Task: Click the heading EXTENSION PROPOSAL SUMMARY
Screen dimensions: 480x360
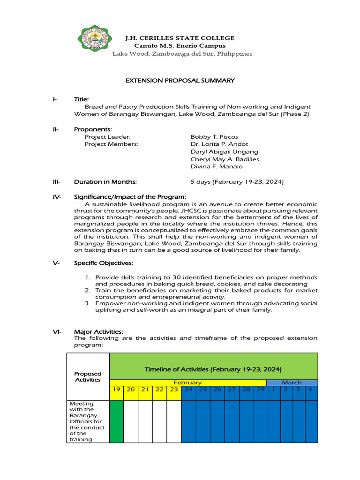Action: [x=180, y=81]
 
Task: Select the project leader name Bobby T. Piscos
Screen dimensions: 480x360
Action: [x=214, y=136]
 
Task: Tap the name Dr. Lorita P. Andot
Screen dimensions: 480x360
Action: [x=219, y=144]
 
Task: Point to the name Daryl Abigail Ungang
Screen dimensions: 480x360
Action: [x=224, y=151]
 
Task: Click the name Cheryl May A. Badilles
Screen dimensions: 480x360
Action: [x=225, y=159]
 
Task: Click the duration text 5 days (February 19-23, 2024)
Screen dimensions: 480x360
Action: [x=237, y=181]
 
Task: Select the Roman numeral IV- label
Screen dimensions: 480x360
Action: [x=57, y=196]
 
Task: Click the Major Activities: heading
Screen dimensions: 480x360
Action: [x=98, y=331]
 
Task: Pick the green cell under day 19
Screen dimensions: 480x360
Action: [x=116, y=421]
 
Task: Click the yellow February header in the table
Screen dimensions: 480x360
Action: [x=187, y=382]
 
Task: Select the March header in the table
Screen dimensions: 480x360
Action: [x=292, y=382]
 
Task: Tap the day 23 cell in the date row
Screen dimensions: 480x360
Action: [x=174, y=390]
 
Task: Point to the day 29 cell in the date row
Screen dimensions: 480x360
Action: [x=260, y=390]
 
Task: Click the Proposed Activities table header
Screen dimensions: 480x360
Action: [x=88, y=376]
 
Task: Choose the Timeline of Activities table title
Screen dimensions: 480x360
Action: [x=213, y=369]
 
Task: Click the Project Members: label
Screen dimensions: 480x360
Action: [x=112, y=144]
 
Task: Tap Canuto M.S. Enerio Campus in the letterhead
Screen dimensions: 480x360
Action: [x=180, y=46]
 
